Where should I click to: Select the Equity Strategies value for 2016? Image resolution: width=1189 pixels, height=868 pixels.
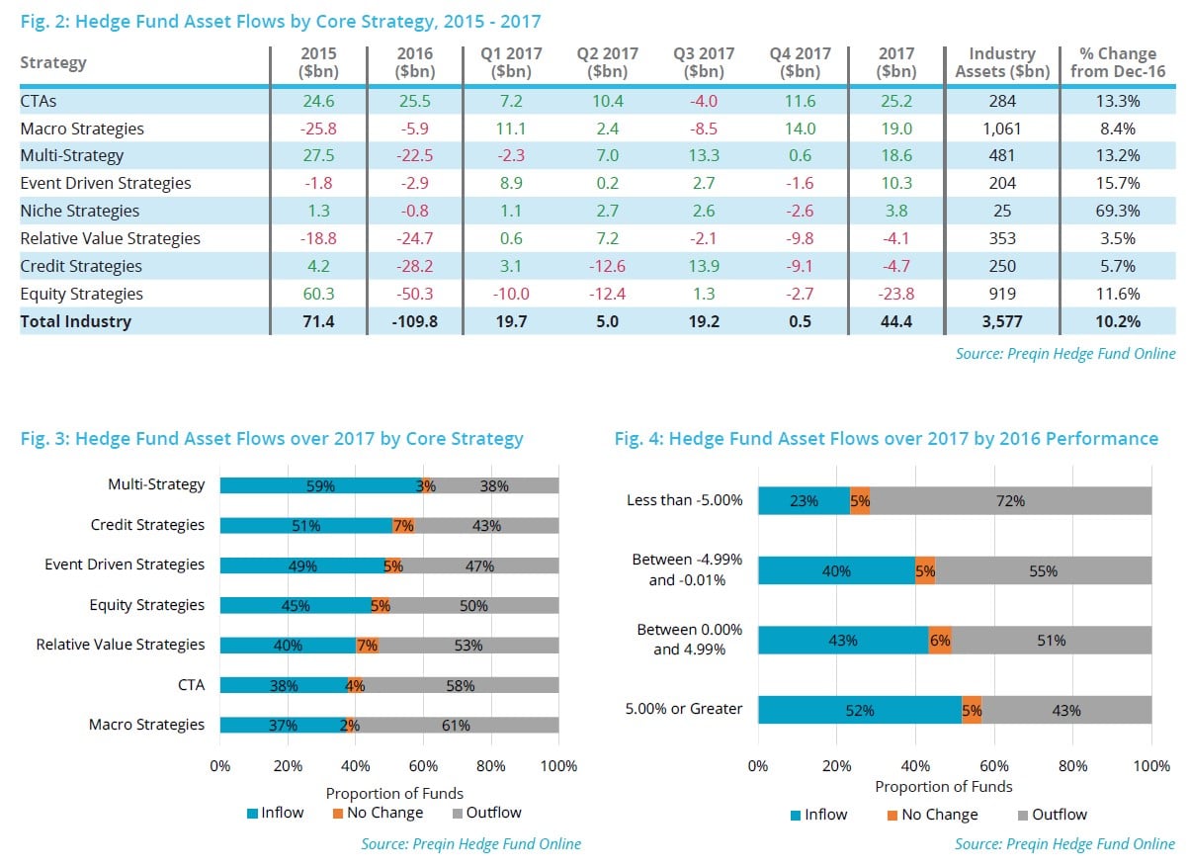(x=414, y=294)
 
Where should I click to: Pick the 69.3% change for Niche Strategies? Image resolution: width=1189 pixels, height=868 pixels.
(x=1118, y=211)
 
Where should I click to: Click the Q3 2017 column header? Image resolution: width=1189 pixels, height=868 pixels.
(x=704, y=62)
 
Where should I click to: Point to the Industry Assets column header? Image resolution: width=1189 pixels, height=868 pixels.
(x=1001, y=62)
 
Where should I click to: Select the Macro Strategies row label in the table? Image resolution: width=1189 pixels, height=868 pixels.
(x=82, y=129)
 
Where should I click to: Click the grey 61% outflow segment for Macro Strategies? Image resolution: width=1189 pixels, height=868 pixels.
(x=456, y=725)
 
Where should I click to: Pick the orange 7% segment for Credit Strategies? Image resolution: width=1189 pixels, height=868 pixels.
(x=403, y=526)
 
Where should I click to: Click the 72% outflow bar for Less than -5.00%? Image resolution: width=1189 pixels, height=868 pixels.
(x=1010, y=500)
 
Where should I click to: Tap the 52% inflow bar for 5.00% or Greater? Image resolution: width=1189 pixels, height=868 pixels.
(x=859, y=710)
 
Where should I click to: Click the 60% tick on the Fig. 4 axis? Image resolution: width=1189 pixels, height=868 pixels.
(x=994, y=766)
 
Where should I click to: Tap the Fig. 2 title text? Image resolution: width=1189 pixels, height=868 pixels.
(x=281, y=21)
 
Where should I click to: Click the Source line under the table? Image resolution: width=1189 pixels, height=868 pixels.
(x=1065, y=353)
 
